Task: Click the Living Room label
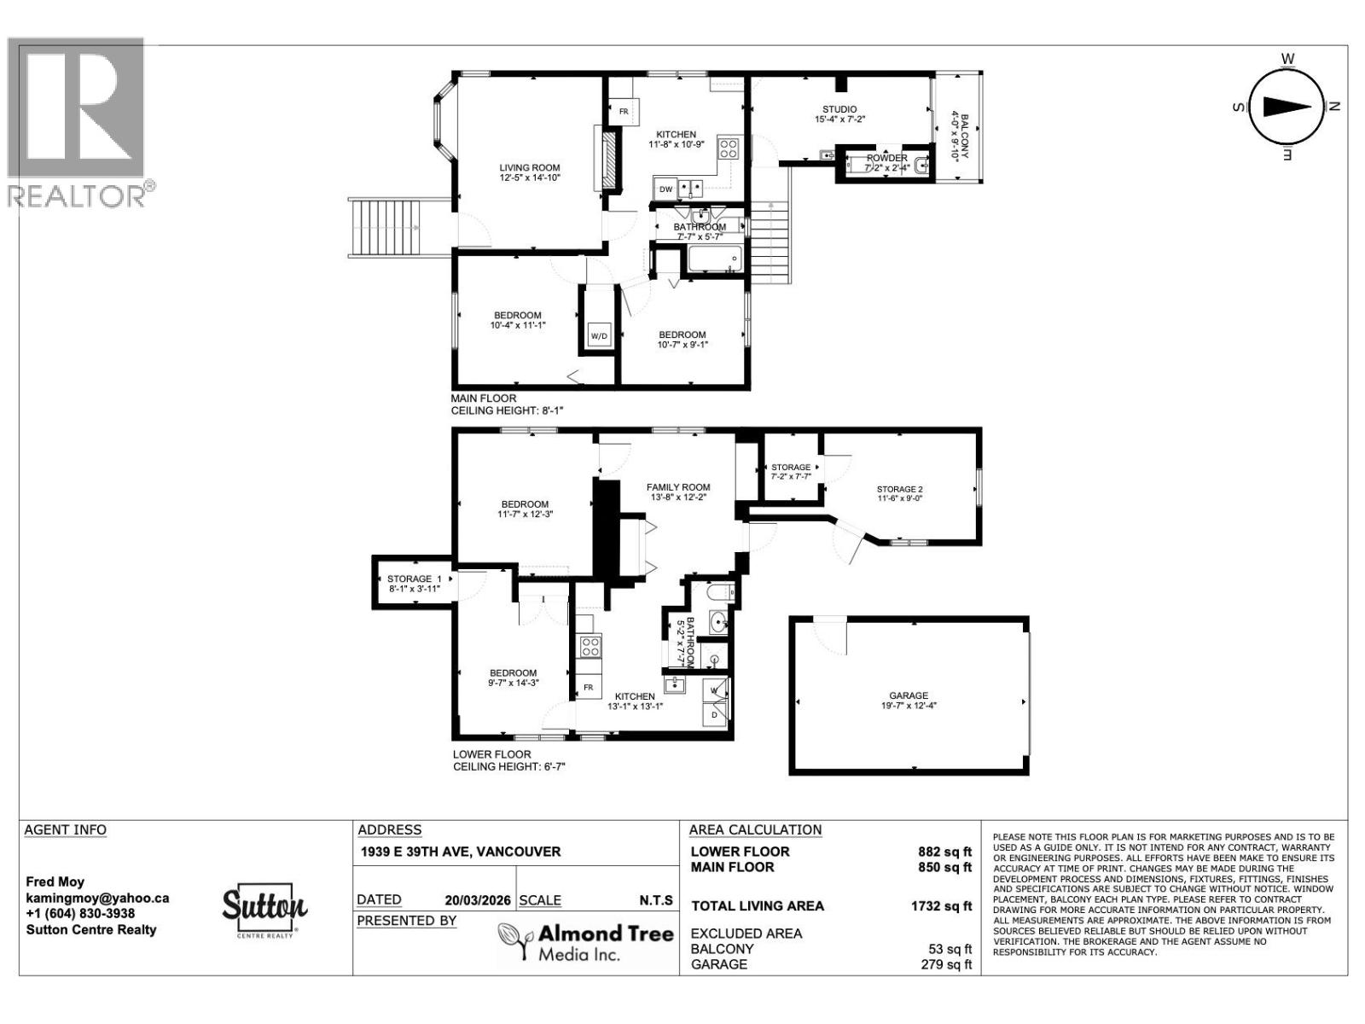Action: point(529,172)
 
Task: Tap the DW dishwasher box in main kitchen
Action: point(665,189)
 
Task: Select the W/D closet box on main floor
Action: point(599,335)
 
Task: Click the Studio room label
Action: point(839,114)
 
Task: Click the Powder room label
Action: point(887,163)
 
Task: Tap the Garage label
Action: point(909,700)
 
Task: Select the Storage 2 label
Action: point(900,495)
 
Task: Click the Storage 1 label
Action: point(413,584)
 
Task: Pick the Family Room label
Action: point(678,492)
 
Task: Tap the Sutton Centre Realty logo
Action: point(264,911)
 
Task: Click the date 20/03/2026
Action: point(478,900)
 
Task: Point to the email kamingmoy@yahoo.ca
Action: point(97,898)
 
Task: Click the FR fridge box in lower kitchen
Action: point(588,688)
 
